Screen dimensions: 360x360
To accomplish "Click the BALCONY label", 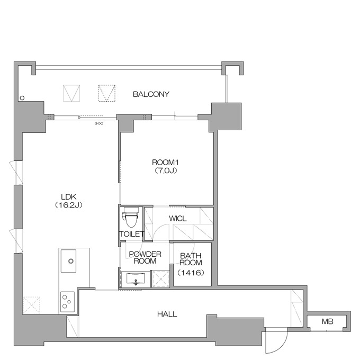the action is click(151, 94).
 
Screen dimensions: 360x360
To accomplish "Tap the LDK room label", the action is click(69, 197).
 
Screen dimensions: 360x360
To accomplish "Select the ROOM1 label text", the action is click(165, 163).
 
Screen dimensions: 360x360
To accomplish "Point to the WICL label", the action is click(178, 218).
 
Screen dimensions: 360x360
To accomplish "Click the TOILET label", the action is click(131, 234).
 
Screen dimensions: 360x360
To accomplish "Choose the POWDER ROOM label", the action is click(145, 258).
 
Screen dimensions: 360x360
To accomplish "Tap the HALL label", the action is click(167, 314).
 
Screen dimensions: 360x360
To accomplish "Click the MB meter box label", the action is click(327, 321).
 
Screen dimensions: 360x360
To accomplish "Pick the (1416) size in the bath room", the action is click(191, 273).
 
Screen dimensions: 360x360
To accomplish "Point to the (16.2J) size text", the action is click(69, 205).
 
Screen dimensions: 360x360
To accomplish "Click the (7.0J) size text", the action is click(165, 170).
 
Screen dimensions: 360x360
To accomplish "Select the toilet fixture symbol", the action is click(130, 217).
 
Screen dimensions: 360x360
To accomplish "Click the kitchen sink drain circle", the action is click(71, 261).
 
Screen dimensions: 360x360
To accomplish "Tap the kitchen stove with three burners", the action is click(67, 302).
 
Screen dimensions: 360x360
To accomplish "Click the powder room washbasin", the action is click(136, 278).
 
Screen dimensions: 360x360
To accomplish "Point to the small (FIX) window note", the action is click(98, 123).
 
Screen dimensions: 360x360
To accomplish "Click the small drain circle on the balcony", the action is click(22, 98).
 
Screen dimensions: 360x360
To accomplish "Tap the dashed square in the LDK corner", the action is click(31, 305).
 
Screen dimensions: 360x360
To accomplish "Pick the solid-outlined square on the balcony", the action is click(71, 93).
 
